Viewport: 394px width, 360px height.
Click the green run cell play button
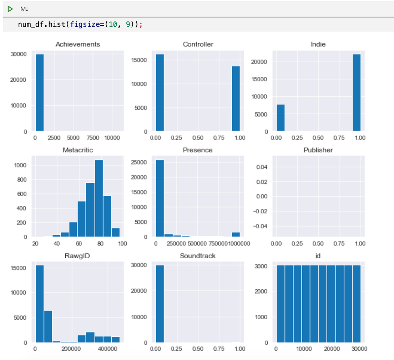10,9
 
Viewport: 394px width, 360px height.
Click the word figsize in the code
85,24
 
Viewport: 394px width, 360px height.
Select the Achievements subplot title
78,44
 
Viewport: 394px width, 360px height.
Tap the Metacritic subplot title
78,150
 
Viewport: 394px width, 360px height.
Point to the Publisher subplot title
318,150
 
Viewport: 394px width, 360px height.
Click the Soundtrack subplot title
198,256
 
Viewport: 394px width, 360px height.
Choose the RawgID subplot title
77,256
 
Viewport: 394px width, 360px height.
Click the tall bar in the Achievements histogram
40,92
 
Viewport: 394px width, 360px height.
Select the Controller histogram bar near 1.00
236,98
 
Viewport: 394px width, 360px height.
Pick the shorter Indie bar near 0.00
281,118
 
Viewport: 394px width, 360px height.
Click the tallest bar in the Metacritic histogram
99,198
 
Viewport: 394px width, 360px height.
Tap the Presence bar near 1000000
236,234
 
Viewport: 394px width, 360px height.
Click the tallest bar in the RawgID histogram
40,304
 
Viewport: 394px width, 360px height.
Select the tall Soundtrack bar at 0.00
160,304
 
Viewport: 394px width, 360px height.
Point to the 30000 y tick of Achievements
19,54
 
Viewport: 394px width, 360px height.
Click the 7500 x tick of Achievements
93,138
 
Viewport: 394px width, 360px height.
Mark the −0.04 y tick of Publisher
260,226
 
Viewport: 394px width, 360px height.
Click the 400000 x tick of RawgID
107,349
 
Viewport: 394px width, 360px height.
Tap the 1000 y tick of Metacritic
20,165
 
